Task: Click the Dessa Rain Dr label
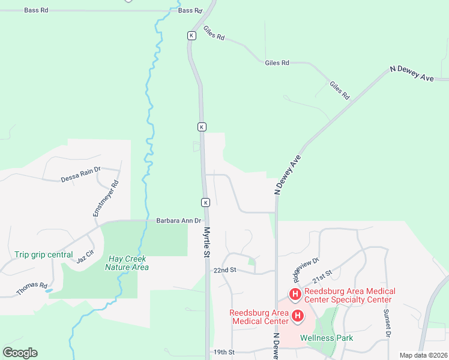[x=80, y=175]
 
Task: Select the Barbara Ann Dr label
[x=178, y=221]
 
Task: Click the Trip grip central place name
[x=43, y=254]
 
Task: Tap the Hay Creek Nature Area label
[x=127, y=263]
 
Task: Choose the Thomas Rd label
[x=32, y=288]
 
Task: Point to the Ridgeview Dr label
[x=305, y=269]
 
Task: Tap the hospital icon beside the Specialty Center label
[x=295, y=294]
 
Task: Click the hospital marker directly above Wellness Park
[x=297, y=315]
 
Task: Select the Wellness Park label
[x=327, y=338]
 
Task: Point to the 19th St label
[x=223, y=352]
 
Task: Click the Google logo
[x=20, y=353]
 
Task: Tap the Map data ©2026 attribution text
[x=423, y=355]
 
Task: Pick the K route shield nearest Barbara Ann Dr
[x=205, y=202]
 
